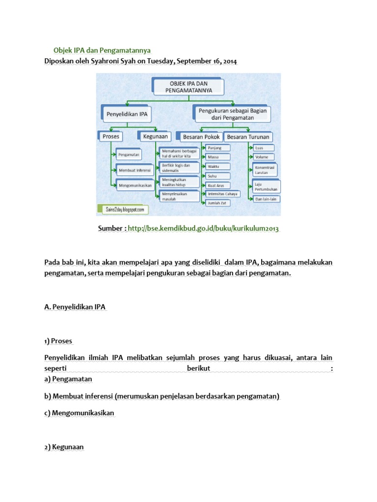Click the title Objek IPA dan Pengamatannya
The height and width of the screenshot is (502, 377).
click(x=102, y=50)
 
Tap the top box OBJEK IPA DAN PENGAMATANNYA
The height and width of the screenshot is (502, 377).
click(x=188, y=87)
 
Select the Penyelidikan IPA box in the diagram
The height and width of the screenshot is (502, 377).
click(x=127, y=115)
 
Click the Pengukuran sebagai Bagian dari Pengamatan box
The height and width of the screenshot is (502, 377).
click(x=232, y=114)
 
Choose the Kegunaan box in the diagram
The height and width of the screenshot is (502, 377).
click(x=156, y=136)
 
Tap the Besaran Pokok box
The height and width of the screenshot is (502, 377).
click(x=201, y=137)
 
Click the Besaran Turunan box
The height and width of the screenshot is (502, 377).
click(x=248, y=137)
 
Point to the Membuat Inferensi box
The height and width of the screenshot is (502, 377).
click(x=133, y=170)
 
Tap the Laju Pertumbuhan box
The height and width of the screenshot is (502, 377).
click(x=264, y=186)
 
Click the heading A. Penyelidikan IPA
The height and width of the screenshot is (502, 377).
click(x=75, y=307)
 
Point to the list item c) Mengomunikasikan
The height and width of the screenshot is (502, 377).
click(x=79, y=413)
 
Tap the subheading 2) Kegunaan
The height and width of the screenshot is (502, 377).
click(x=64, y=447)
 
